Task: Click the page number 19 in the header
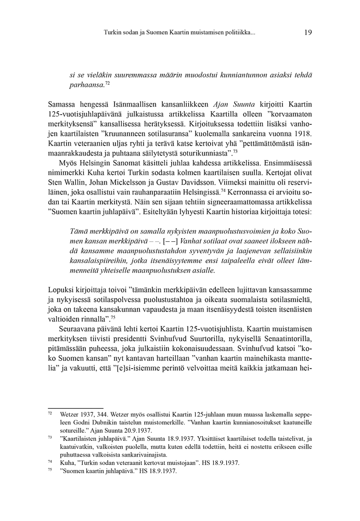pos(307,32)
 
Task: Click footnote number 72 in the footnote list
pos(50,414)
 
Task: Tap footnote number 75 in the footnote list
pos(50,472)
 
